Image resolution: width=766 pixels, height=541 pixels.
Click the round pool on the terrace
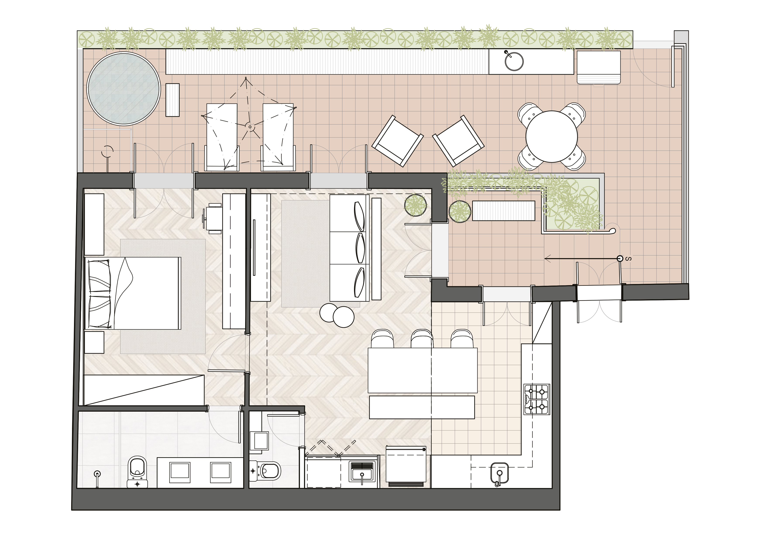pos(124,89)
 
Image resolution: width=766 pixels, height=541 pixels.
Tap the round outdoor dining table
pos(551,136)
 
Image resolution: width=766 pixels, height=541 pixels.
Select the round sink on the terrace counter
pos(514,61)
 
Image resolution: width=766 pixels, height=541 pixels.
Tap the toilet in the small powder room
pos(266,471)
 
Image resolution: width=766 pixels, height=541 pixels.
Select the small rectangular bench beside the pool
pos(172,100)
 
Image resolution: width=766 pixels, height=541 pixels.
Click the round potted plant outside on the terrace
pos(460,211)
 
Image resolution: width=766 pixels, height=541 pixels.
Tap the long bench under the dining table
pos(422,407)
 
